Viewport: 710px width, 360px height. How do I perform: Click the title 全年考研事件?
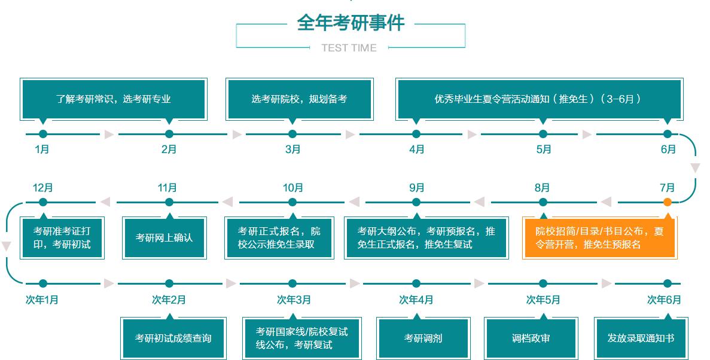[351, 23]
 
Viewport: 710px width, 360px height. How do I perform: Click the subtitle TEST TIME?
[349, 48]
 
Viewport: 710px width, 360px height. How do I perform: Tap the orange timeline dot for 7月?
[668, 202]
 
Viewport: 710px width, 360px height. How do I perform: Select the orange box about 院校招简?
[600, 237]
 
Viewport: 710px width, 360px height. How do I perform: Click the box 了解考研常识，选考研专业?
[114, 99]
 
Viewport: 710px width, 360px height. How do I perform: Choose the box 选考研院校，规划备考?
[298, 99]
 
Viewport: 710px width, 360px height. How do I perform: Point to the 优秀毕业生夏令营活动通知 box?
[538, 99]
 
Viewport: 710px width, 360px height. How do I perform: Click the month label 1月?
[42, 150]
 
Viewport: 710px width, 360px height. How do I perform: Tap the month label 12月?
[42, 188]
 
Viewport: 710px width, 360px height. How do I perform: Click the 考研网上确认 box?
[164, 237]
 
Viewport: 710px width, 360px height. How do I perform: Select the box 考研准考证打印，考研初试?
[62, 237]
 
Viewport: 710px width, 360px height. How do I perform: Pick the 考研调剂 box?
[423, 338]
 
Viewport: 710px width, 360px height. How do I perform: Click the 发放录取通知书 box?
[641, 338]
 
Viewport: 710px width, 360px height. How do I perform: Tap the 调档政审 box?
[531, 338]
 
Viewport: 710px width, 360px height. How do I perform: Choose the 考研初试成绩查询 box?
[173, 338]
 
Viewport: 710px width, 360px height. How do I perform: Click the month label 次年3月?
[294, 300]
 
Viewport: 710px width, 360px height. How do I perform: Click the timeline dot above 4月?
[416, 134]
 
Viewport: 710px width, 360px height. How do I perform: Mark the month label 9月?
[417, 188]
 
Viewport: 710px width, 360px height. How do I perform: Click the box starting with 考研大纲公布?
[426, 237]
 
